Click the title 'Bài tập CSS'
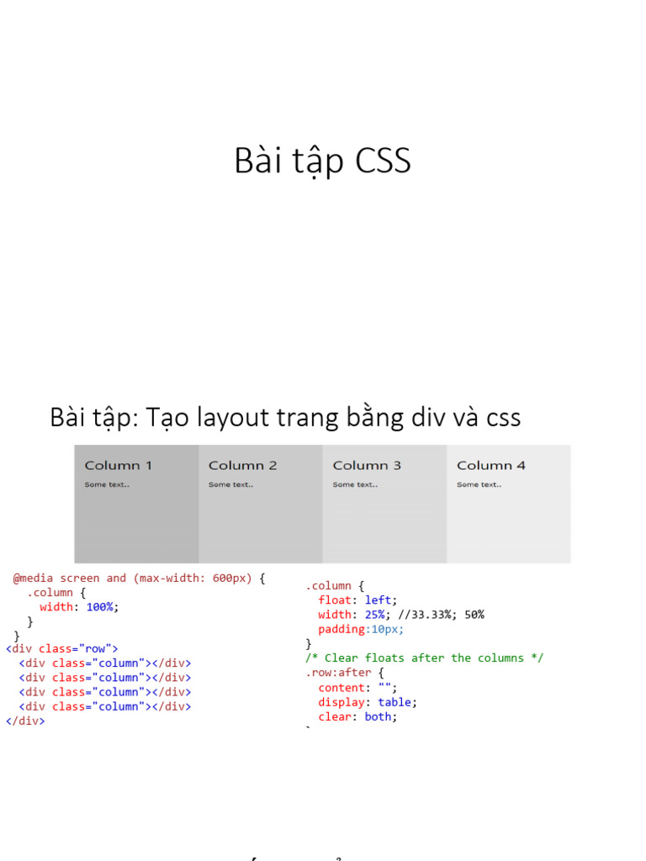(x=322, y=161)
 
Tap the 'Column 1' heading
(x=119, y=465)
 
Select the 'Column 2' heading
(x=242, y=465)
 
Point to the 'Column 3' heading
(x=367, y=465)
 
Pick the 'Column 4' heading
(x=491, y=465)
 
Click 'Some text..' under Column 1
(x=107, y=484)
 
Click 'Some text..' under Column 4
(x=479, y=484)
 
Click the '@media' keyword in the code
(x=33, y=578)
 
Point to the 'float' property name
(x=335, y=600)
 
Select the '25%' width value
(x=374, y=615)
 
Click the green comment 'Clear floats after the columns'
(x=425, y=658)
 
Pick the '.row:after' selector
(x=338, y=673)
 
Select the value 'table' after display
(x=394, y=702)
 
